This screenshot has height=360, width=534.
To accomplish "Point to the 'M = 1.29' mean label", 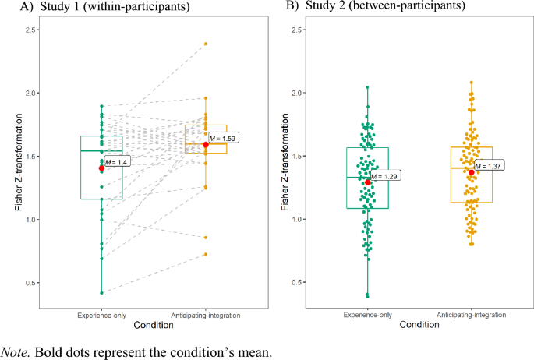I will [383, 176].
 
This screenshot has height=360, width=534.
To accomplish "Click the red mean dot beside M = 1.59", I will [206, 144].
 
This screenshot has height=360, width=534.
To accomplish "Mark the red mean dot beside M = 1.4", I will [101, 168].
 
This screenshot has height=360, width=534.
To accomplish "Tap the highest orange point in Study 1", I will [206, 44].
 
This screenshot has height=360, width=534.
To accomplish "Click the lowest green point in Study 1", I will [101, 293].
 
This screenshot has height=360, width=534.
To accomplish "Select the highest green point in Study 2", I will [368, 87].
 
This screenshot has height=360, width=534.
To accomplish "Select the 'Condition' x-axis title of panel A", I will [154, 324].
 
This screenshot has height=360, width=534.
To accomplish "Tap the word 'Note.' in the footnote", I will [17, 351].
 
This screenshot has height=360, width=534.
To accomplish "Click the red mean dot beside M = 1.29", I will [368, 182].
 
